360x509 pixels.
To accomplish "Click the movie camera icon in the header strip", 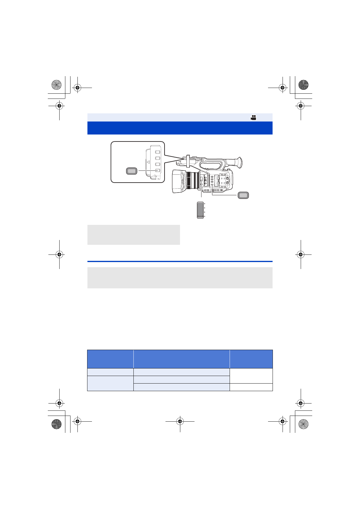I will click(254, 118).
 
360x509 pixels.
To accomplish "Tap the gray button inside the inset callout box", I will click(132, 171).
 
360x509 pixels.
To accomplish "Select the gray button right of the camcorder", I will click(243, 195).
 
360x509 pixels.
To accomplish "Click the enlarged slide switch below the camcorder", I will click(200, 210).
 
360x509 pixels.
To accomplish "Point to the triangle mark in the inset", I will click(148, 162).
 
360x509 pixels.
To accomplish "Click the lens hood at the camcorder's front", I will click(178, 181).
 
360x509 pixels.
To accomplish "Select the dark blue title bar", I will click(180, 128).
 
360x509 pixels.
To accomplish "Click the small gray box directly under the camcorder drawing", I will click(133, 235).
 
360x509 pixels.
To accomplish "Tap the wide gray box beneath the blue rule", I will click(180, 277).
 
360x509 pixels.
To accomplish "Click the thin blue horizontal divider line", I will click(180, 261).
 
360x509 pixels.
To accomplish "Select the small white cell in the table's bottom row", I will click(251, 387).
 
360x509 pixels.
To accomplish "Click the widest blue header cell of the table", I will click(181, 359).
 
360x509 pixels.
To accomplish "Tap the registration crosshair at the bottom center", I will click(180, 421).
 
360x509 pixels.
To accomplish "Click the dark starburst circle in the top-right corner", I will click(303, 85).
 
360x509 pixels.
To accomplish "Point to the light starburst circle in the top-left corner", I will click(56, 85).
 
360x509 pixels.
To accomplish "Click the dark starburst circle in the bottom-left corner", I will click(56, 424).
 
